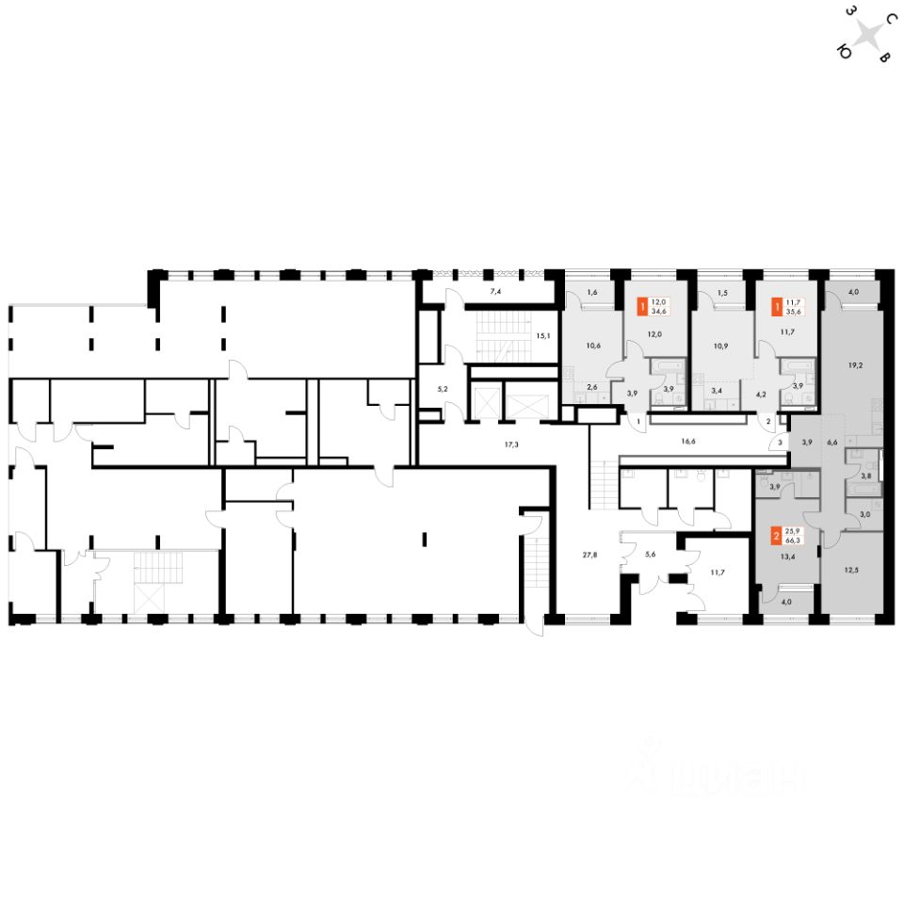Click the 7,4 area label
tap(495, 294)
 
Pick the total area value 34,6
tap(658, 311)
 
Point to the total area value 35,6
tap(791, 311)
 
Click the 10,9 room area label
tap(720, 346)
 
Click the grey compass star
tap(872, 37)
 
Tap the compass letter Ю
tap(845, 55)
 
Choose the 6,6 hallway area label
tap(831, 441)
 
